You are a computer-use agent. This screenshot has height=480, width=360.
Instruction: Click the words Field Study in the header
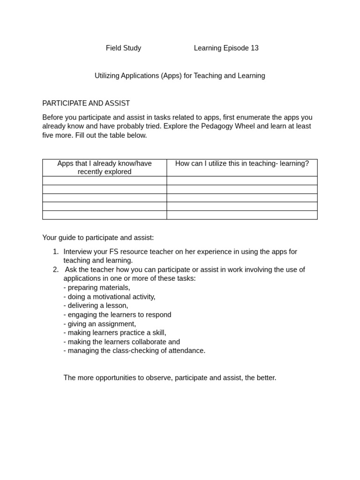tap(123, 48)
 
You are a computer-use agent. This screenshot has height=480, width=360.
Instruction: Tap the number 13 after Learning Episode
tap(254, 48)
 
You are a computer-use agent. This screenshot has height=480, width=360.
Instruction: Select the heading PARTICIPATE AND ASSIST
tap(86, 104)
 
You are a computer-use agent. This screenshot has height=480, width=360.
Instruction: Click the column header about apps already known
tap(105, 167)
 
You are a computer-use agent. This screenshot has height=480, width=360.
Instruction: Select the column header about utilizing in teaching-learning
tap(242, 164)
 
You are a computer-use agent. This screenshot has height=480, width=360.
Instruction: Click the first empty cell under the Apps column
tap(105, 181)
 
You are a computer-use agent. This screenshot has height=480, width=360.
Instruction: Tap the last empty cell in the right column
tap(242, 215)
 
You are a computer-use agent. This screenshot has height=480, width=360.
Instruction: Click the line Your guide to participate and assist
tap(98, 238)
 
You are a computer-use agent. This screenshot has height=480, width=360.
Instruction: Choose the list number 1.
tap(56, 252)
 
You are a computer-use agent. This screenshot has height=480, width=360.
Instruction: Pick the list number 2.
tap(56, 270)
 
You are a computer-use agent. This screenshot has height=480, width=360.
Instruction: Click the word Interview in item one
tap(78, 252)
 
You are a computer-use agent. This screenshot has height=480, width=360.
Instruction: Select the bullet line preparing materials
tap(97, 288)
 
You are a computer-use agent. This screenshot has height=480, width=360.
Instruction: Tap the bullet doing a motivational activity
tap(109, 297)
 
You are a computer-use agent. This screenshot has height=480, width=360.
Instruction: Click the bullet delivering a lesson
tap(96, 306)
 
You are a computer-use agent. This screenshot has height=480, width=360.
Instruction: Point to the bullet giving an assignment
tap(100, 324)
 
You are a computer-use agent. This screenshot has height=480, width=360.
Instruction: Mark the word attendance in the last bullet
tap(188, 351)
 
